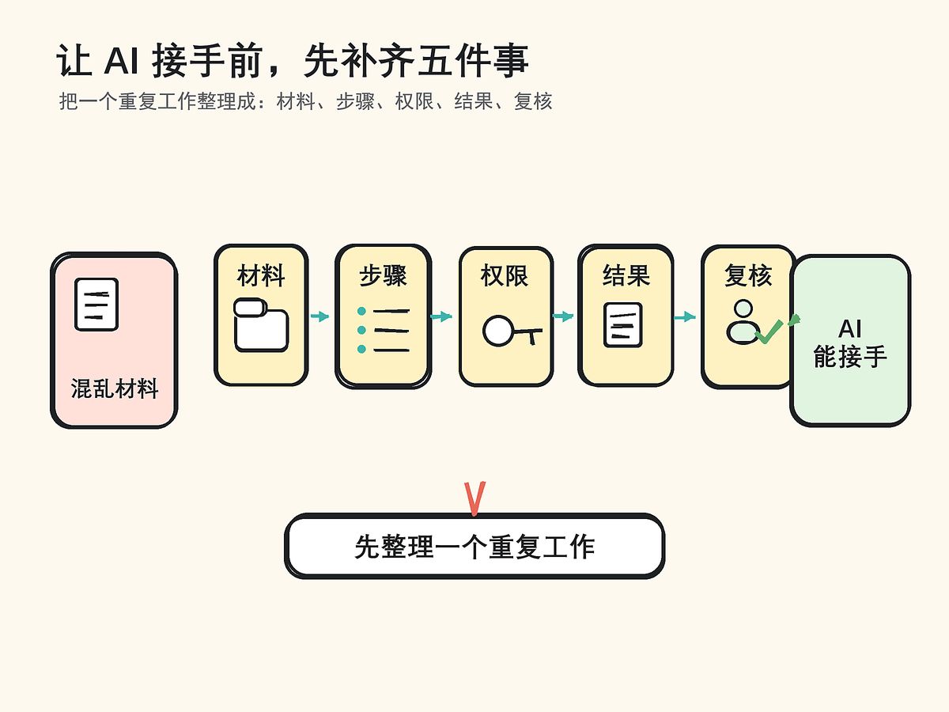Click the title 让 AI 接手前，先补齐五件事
coord(293,62)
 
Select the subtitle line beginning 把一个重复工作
coord(305,102)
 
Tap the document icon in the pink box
coord(96,304)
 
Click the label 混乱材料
coord(115,389)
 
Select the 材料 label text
coord(261,276)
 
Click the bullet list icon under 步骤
coord(384,330)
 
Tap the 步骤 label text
coord(384,276)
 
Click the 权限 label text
coord(505,276)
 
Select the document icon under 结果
coord(623,324)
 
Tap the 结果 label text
coord(626,276)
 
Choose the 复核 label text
coord(747,276)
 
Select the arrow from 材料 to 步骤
coord(320,316)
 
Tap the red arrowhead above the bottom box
coord(475,498)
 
